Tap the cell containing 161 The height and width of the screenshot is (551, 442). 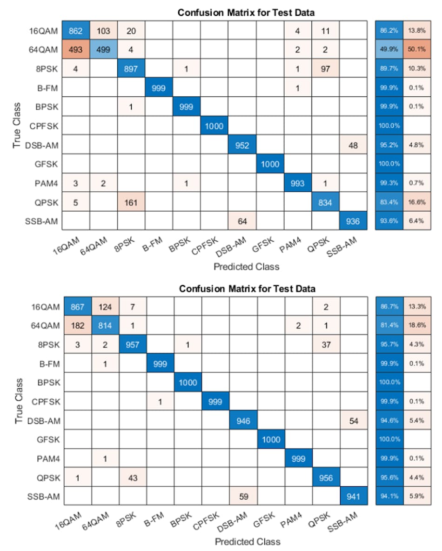132,202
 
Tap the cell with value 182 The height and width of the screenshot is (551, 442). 77,325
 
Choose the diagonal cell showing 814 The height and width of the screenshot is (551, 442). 105,325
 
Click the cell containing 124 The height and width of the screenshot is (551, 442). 105,306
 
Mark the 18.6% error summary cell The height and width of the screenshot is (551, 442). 417,325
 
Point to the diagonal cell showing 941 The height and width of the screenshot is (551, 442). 354,497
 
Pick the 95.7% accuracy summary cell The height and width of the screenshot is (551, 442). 390,344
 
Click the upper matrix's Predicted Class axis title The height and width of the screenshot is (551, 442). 246,267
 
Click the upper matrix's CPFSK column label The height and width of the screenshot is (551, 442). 205,245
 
